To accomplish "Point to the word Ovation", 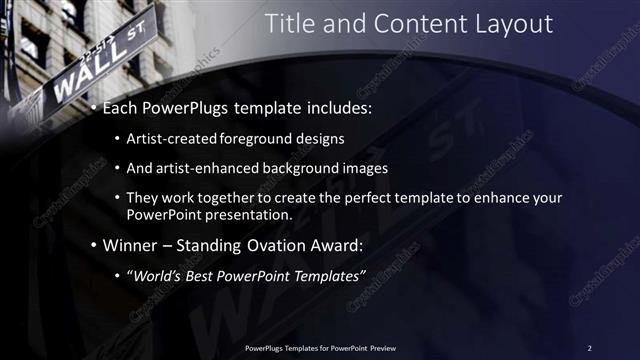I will [276, 245].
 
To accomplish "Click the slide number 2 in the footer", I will [589, 347].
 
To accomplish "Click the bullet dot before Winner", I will [94, 245].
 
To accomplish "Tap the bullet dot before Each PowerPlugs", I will [94, 107].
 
